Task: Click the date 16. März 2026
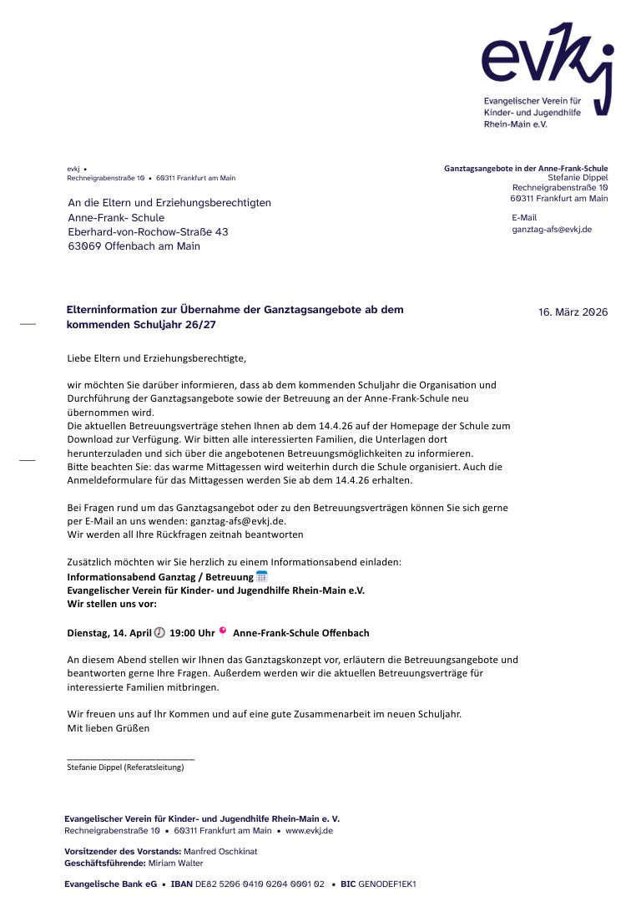pyautogui.click(x=573, y=312)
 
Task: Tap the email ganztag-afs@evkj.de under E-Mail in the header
pyautogui.click(x=552, y=229)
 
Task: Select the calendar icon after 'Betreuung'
pyautogui.click(x=261, y=576)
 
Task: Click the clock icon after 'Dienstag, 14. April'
pyautogui.click(x=159, y=632)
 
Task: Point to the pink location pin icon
pyautogui.click(x=223, y=631)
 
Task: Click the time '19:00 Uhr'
pyautogui.click(x=192, y=633)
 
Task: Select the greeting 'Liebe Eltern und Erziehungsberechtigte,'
pyautogui.click(x=157, y=358)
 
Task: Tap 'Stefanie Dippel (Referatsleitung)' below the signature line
pyautogui.click(x=125, y=767)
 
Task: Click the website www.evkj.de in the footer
pyautogui.click(x=309, y=831)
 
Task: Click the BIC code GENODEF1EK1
pyautogui.click(x=386, y=884)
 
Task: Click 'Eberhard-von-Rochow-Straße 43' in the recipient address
pyautogui.click(x=148, y=232)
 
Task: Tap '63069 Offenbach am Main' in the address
pyautogui.click(x=134, y=246)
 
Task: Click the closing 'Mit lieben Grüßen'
pyautogui.click(x=108, y=728)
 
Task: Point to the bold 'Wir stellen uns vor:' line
pyautogui.click(x=112, y=603)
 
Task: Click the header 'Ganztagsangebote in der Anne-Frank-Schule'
pyautogui.click(x=526, y=169)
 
